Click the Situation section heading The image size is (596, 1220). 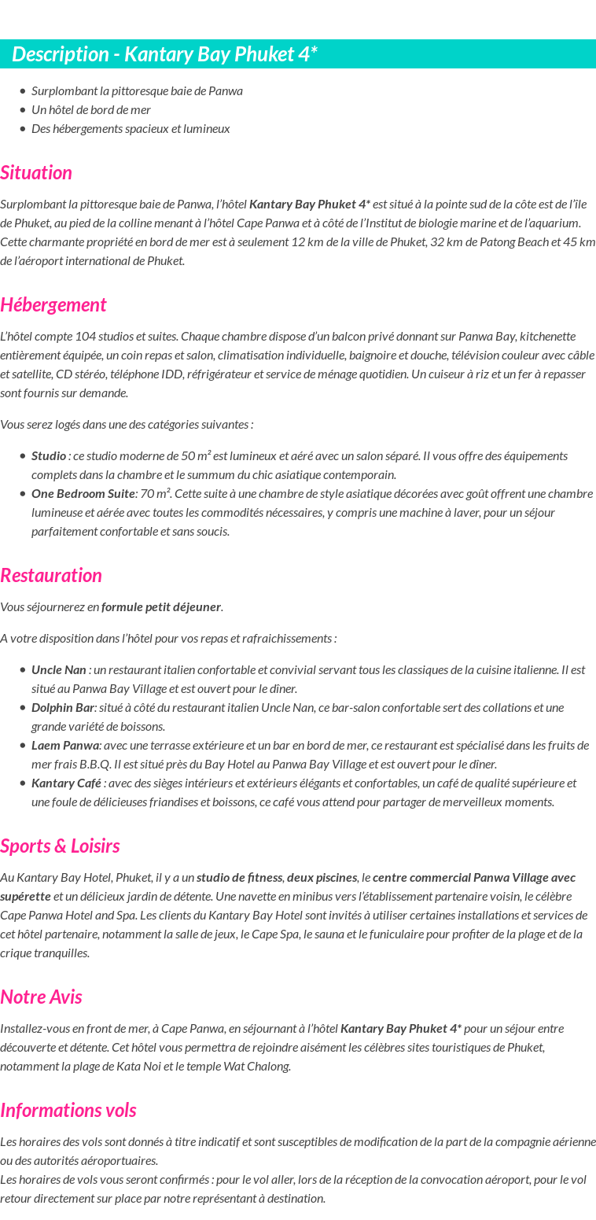tap(36, 173)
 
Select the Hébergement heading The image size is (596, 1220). tap(53, 305)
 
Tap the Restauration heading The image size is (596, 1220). tap(51, 576)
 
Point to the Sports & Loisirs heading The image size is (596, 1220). tap(60, 846)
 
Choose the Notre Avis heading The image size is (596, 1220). tap(41, 997)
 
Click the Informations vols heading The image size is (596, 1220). tap(68, 1111)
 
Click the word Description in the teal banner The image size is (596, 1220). tap(60, 54)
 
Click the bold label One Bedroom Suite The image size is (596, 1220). tap(83, 494)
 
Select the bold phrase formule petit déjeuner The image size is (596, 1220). tap(161, 607)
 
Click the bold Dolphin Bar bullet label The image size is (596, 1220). tap(63, 708)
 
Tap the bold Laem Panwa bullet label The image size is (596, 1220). tap(65, 746)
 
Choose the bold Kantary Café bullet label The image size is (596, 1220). tap(67, 783)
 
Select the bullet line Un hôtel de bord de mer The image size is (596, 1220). tap(91, 110)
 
